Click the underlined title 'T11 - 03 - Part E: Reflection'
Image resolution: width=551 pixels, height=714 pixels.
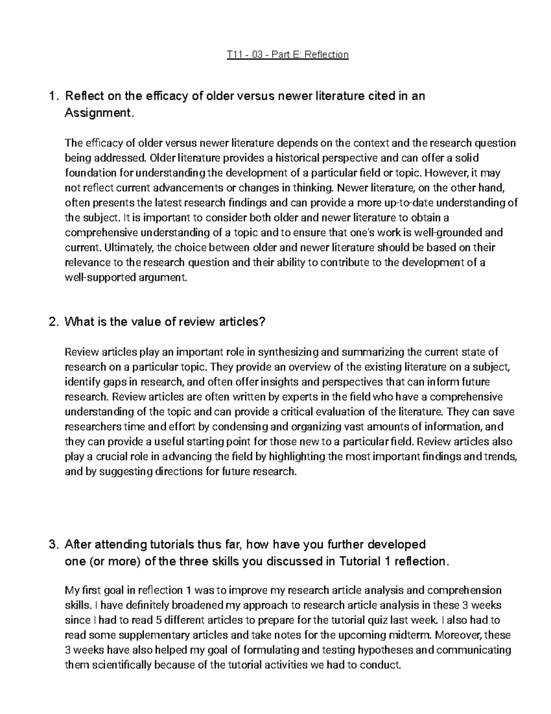coord(288,55)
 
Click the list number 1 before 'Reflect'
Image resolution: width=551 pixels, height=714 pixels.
coord(53,97)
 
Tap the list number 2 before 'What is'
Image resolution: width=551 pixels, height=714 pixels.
coord(53,322)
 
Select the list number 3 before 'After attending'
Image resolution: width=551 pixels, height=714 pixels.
coord(53,545)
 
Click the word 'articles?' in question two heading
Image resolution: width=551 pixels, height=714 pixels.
coord(242,322)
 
